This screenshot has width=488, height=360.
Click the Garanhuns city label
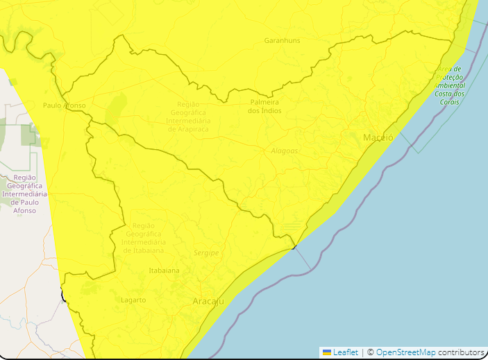point(282,40)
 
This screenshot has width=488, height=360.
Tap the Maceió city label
point(378,137)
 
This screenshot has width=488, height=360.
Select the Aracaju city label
point(208,301)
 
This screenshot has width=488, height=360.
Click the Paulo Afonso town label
point(64,105)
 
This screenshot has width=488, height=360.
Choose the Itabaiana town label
point(164,271)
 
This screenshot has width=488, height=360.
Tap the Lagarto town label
point(133,300)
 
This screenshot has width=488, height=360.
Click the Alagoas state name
point(285,151)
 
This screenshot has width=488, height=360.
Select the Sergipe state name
point(206,253)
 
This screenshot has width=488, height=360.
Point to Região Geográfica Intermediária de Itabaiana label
point(144,238)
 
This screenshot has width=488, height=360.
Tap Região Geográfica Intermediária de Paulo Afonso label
point(24,194)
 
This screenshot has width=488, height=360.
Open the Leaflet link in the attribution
point(345,352)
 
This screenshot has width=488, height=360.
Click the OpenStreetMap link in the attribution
point(406,352)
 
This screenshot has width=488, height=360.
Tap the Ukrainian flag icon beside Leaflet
point(327,352)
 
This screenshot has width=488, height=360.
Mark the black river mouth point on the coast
point(294,246)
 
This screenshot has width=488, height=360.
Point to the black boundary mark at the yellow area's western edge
point(63,296)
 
